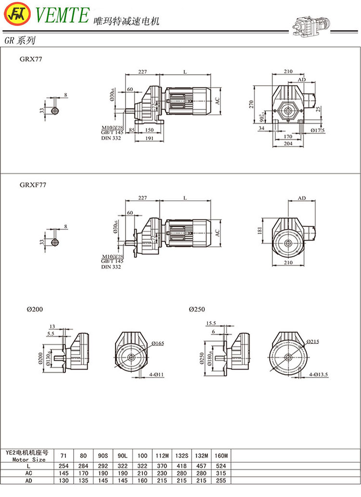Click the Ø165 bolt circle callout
tap(158, 343)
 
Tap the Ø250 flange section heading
tap(196, 309)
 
